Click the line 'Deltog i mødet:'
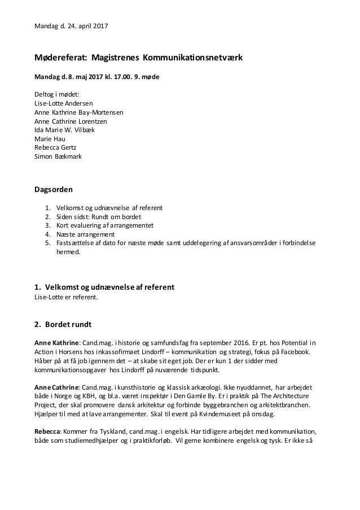click(57, 95)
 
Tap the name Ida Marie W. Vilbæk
click(65, 129)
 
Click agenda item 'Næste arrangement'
click(82, 234)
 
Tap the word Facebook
click(302, 351)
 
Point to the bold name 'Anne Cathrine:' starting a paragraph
click(58, 387)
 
